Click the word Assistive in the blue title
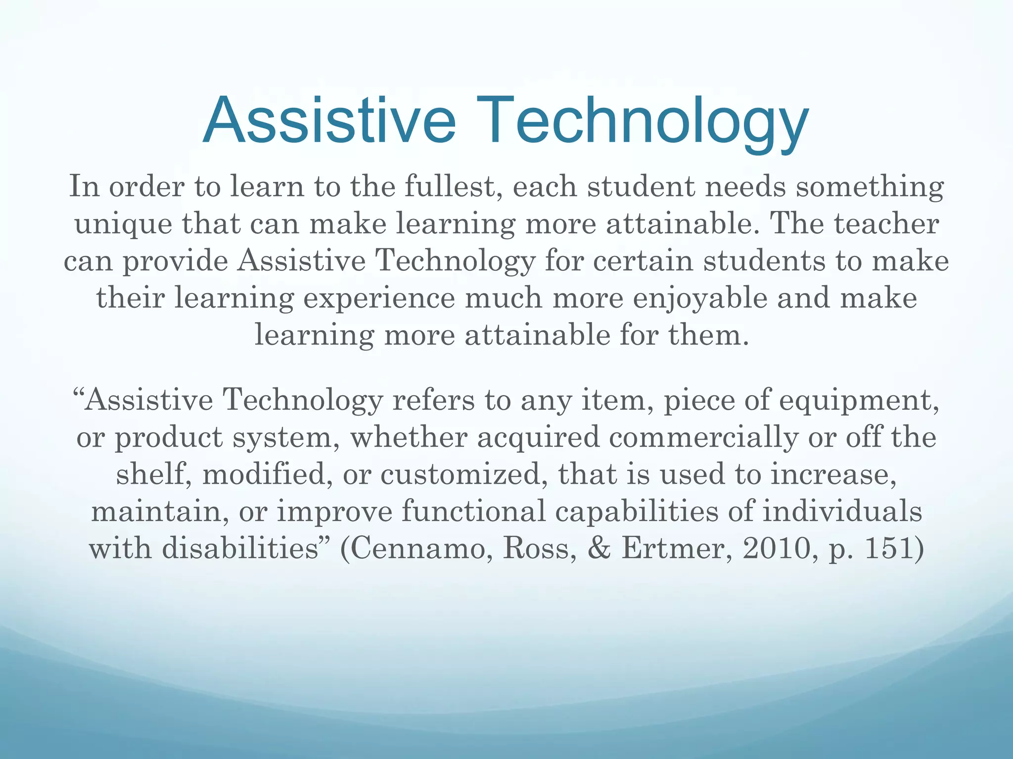click(329, 121)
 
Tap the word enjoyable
click(700, 298)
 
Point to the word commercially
click(703, 437)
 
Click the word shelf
click(153, 474)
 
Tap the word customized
click(464, 474)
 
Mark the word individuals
click(842, 511)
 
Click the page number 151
click(888, 548)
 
